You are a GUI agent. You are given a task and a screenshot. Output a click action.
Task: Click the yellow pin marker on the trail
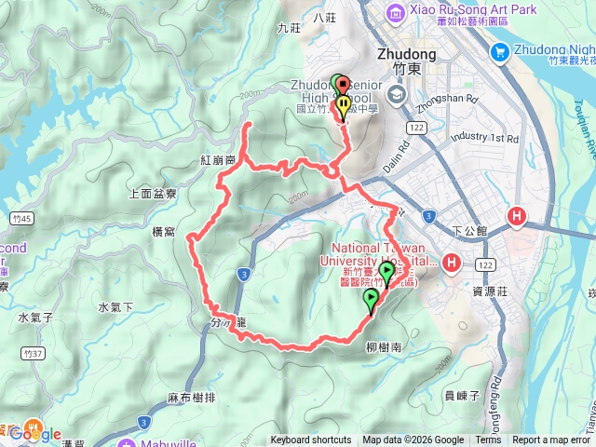coord(343,107)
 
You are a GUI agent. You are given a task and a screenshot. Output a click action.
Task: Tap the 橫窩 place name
coord(163,231)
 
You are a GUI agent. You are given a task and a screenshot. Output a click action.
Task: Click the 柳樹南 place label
coord(383,345)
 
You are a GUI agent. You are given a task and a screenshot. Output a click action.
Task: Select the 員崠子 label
coord(462,395)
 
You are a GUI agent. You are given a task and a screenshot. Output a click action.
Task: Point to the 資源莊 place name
coord(489,290)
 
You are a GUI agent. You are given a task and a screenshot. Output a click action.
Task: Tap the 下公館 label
coord(468,229)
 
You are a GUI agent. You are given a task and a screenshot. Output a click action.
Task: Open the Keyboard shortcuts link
coord(311,440)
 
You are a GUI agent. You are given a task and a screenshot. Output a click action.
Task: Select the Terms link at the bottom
coord(488,440)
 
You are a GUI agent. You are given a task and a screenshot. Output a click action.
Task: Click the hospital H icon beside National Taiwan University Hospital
coord(452,262)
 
